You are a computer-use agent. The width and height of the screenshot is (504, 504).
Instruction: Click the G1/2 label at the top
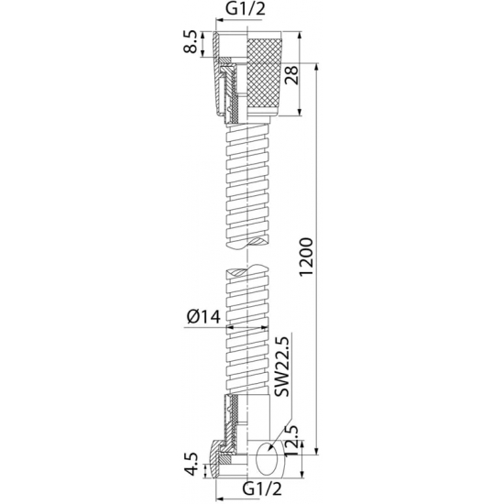(x=246, y=9)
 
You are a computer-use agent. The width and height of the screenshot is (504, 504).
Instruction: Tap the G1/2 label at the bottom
(x=262, y=489)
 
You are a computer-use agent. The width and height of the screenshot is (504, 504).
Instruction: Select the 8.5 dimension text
(x=190, y=42)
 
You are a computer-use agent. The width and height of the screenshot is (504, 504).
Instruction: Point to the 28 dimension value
(x=291, y=74)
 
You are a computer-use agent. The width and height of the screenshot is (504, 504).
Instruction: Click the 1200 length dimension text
(x=305, y=257)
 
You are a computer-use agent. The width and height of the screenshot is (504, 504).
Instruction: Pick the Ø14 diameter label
(x=203, y=317)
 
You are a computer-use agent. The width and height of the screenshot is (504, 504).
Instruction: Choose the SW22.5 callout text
(x=282, y=367)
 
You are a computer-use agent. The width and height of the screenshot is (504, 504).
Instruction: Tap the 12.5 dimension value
(x=291, y=440)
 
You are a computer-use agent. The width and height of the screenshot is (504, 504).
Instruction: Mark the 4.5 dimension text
(x=190, y=465)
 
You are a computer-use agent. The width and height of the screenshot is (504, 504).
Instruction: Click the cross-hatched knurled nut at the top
(x=265, y=72)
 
